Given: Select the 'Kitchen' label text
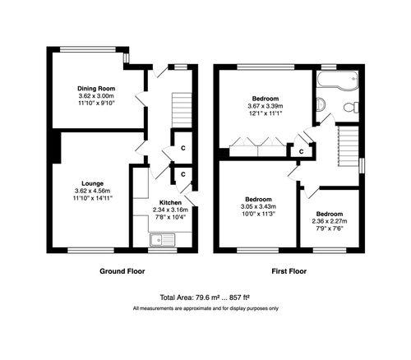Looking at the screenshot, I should coord(170,201).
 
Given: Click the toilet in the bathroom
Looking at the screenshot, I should coord(349,107).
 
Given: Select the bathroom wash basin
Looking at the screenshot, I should coord(321,106).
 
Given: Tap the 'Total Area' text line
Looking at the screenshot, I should coord(205,298).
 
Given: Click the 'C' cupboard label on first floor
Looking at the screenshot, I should coord(302,151).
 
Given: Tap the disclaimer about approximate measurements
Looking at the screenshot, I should coord(205,308).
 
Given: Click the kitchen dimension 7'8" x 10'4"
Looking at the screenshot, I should coord(170,216).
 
